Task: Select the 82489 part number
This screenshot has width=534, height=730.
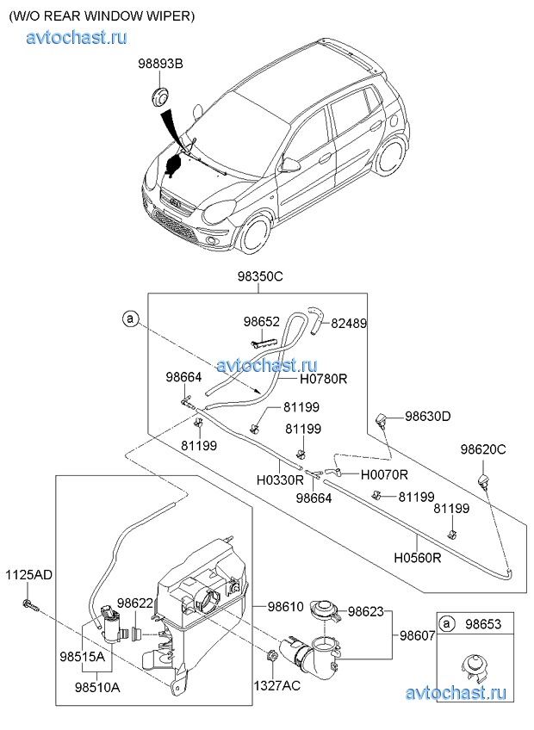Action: click(x=349, y=324)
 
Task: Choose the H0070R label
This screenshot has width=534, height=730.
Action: click(x=384, y=474)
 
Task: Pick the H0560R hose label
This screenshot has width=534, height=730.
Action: click(x=419, y=558)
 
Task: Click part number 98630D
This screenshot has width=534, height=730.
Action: click(x=427, y=417)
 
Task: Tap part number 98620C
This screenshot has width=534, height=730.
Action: click(x=483, y=449)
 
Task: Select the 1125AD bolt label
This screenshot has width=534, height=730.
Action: click(x=29, y=574)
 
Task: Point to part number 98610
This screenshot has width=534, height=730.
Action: click(x=285, y=608)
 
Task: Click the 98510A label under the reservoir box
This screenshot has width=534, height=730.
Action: click(x=97, y=688)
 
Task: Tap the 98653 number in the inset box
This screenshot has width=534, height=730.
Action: click(x=487, y=623)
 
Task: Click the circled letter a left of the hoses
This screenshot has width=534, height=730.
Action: click(x=130, y=319)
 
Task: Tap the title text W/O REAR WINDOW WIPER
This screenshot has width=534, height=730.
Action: click(x=102, y=15)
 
